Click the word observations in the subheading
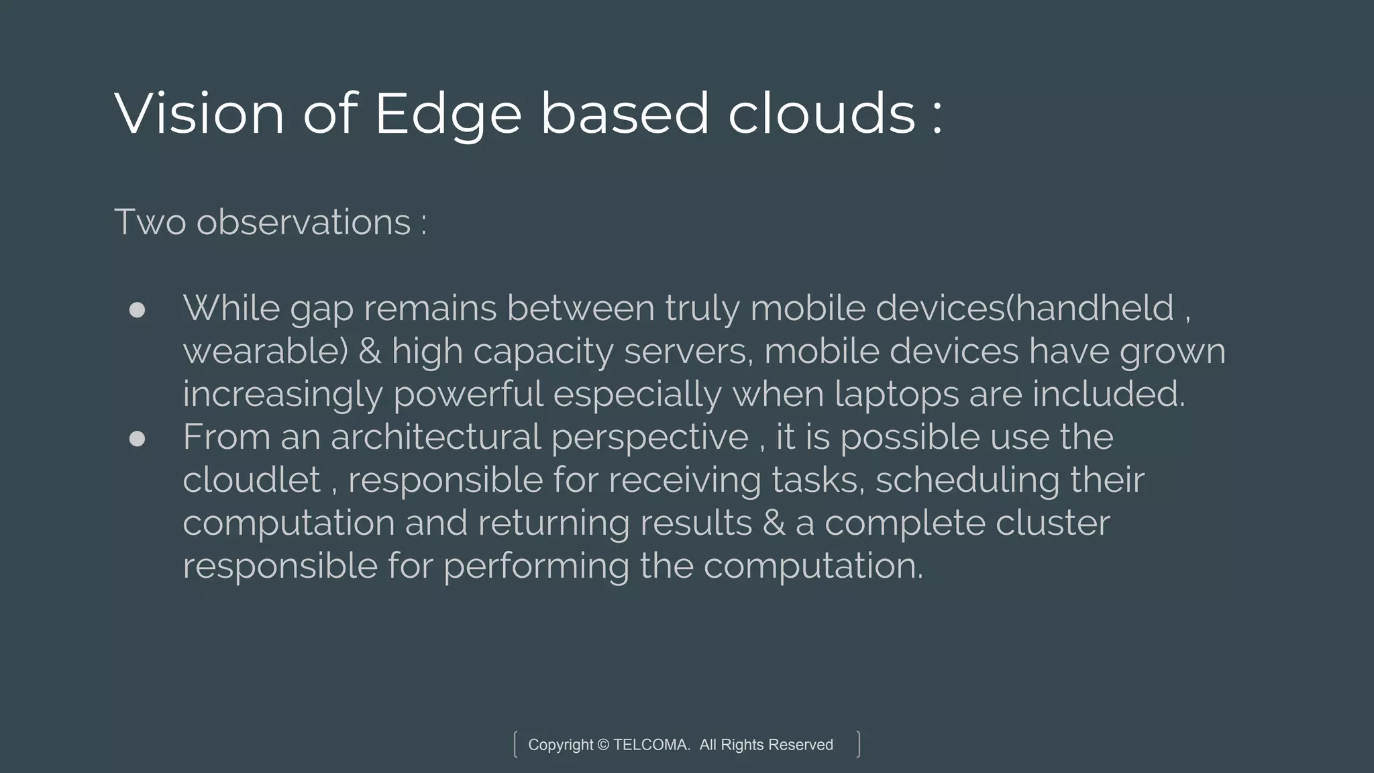pos(303,222)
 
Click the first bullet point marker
pos(137,309)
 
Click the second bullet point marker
pos(137,438)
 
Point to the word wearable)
pos(266,352)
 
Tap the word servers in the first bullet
pos(688,352)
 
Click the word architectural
pos(435,437)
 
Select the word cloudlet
pos(252,480)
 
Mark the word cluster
pos(1053,523)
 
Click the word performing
pos(536,566)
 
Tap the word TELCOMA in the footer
pos(651,745)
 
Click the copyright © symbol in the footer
pos(602,745)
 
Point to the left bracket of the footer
pos(515,745)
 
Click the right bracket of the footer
pos(858,745)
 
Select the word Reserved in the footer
pos(800,745)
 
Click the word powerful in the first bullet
pos(468,394)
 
